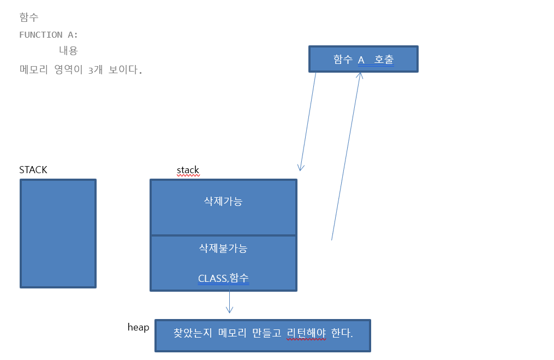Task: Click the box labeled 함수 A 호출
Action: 363,59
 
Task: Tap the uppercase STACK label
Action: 33,170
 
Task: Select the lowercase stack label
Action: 188,170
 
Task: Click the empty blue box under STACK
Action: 58,233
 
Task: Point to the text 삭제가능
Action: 223,201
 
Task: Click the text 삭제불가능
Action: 223,248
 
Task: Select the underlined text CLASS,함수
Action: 223,278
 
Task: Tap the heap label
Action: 138,327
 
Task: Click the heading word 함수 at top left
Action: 29,17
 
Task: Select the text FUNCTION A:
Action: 49,35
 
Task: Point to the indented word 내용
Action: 68,51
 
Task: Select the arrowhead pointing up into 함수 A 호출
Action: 360,76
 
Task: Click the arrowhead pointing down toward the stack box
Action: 300,167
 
